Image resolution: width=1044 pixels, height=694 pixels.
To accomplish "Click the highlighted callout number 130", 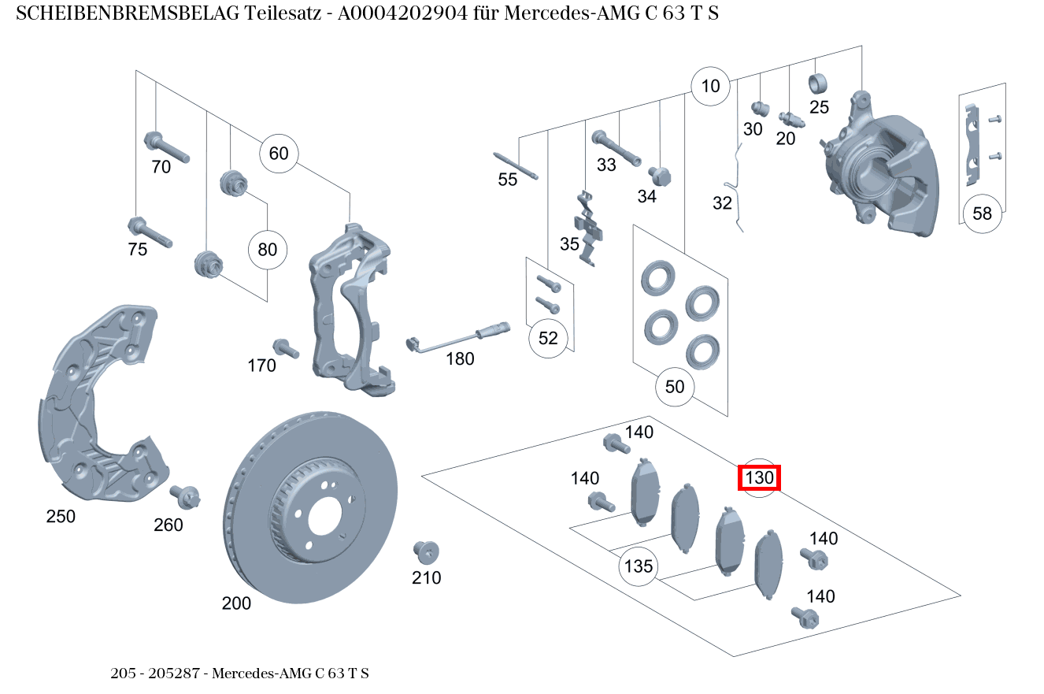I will (x=759, y=477).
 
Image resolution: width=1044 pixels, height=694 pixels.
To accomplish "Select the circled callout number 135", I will (x=639, y=566).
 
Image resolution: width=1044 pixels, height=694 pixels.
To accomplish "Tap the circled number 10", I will (x=711, y=86).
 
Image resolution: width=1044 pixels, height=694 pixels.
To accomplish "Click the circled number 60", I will (x=279, y=154).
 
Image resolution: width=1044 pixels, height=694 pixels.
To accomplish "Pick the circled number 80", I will (x=268, y=251).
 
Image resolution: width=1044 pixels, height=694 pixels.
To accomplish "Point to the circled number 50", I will (x=675, y=387).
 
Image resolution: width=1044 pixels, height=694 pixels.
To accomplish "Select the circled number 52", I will (x=548, y=339).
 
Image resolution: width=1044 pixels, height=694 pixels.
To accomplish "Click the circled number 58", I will (x=983, y=213).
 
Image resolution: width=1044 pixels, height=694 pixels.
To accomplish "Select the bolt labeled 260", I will (x=187, y=496).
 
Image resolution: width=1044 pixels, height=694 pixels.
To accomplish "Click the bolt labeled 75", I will (x=149, y=232).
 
